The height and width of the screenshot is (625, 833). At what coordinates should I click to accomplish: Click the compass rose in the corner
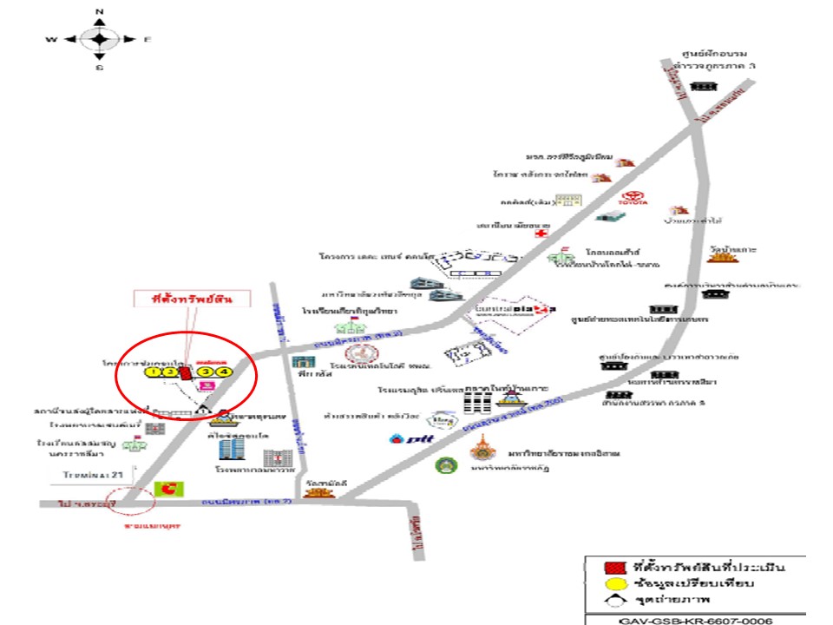(x=100, y=39)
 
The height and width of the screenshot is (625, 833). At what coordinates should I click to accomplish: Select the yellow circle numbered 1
(x=153, y=372)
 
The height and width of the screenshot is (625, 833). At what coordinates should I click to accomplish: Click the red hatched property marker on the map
(x=184, y=372)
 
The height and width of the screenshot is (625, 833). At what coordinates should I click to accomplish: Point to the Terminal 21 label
(x=94, y=475)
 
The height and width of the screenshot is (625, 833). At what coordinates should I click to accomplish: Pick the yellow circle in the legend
(x=611, y=583)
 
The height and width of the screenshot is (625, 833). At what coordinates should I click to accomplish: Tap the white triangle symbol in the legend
(x=611, y=600)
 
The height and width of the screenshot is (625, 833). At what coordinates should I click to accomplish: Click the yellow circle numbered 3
(x=206, y=372)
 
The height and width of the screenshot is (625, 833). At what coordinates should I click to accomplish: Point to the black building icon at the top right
(x=704, y=86)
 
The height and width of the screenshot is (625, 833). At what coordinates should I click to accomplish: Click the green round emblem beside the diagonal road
(x=444, y=464)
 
